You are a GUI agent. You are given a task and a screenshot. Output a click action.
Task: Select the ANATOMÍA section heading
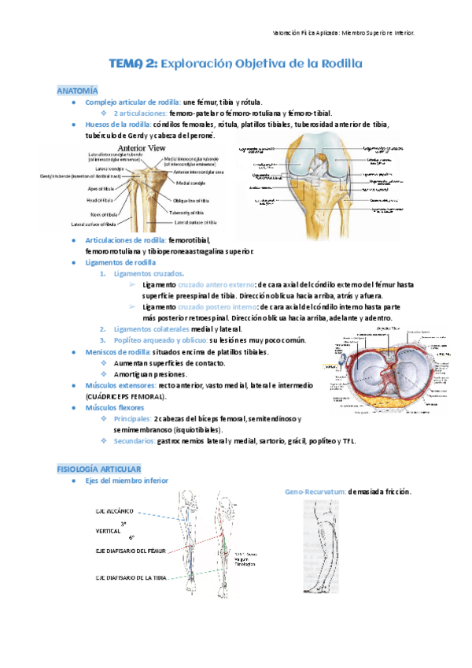click(x=78, y=91)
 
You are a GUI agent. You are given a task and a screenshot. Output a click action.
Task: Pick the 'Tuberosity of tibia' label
click(x=195, y=213)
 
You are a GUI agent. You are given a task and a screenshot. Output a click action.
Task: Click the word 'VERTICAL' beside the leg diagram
click(x=109, y=532)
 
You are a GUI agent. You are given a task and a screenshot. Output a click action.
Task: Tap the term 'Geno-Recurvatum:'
click(x=315, y=492)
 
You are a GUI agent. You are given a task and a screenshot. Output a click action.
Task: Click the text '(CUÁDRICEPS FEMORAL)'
click(x=131, y=397)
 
